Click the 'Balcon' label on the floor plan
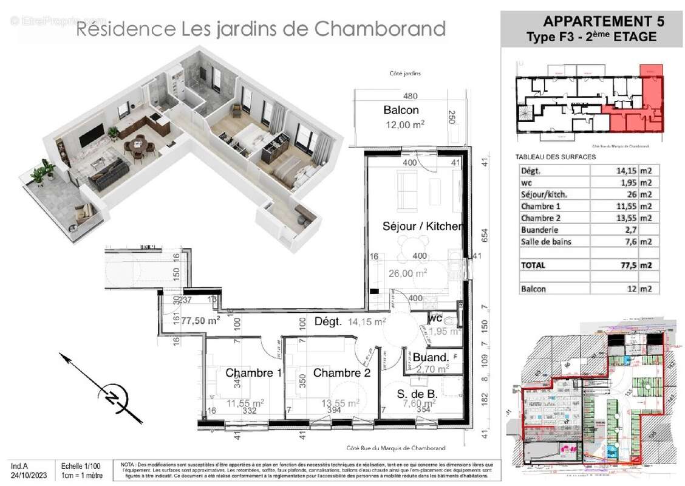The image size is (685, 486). tap(401, 110)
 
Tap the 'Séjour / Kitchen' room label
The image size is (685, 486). tap(423, 227)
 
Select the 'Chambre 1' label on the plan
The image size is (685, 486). tap(253, 373)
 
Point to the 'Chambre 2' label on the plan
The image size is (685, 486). tap(341, 373)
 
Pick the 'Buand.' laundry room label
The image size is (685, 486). tap(431, 357)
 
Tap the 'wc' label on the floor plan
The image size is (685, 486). tap(434, 318)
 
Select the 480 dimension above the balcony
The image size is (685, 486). tap(411, 96)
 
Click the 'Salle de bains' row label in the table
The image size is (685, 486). tap(546, 242)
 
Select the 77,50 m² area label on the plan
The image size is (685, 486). tap(200, 320)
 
